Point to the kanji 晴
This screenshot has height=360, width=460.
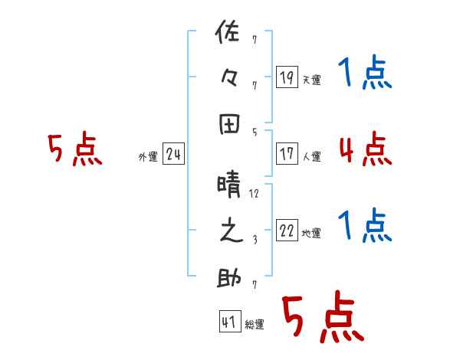(229, 185)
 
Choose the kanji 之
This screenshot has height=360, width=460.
(229, 232)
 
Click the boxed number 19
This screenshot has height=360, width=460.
(287, 77)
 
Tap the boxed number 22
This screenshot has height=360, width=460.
(287, 231)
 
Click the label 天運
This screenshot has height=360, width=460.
(311, 80)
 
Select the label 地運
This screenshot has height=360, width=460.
(311, 234)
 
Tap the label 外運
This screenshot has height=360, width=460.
(147, 157)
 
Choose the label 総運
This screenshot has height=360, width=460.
(255, 325)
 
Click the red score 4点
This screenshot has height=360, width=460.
(365, 149)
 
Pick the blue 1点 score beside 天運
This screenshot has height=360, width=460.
(365, 75)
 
